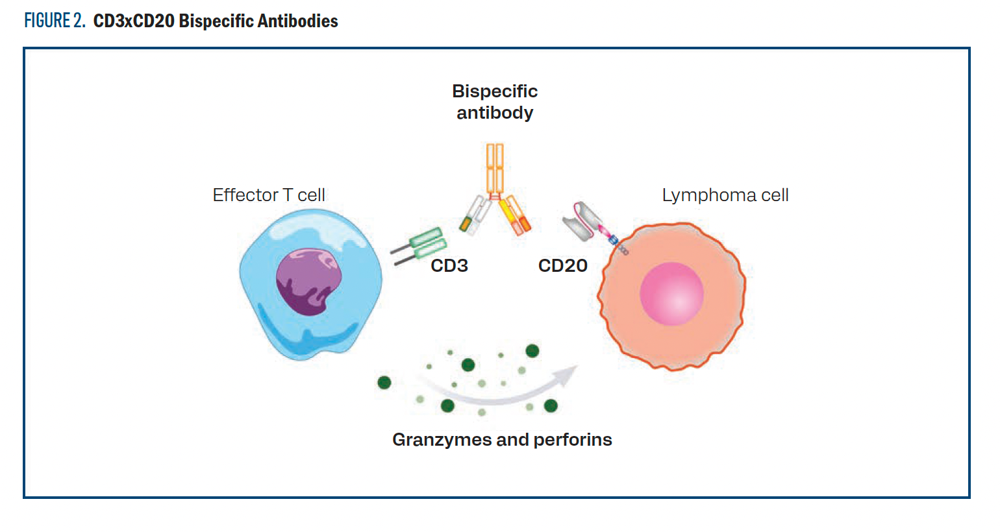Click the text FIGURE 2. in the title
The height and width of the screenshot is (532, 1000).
click(55, 21)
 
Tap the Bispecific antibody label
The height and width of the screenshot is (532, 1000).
click(495, 102)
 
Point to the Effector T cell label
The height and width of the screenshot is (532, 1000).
click(269, 195)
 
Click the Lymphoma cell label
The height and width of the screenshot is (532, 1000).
click(725, 195)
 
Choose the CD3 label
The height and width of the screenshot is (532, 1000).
click(449, 265)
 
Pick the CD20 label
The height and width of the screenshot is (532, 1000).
click(562, 265)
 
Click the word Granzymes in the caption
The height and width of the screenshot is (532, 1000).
click(442, 440)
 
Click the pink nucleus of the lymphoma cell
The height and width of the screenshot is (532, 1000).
click(671, 293)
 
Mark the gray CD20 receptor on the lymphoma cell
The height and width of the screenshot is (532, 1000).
click(582, 221)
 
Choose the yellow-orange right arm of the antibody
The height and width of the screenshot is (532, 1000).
click(515, 215)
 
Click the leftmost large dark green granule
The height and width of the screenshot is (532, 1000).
click(384, 382)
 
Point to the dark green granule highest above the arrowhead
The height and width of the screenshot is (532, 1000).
click(532, 351)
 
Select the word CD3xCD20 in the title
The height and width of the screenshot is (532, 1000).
click(134, 21)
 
